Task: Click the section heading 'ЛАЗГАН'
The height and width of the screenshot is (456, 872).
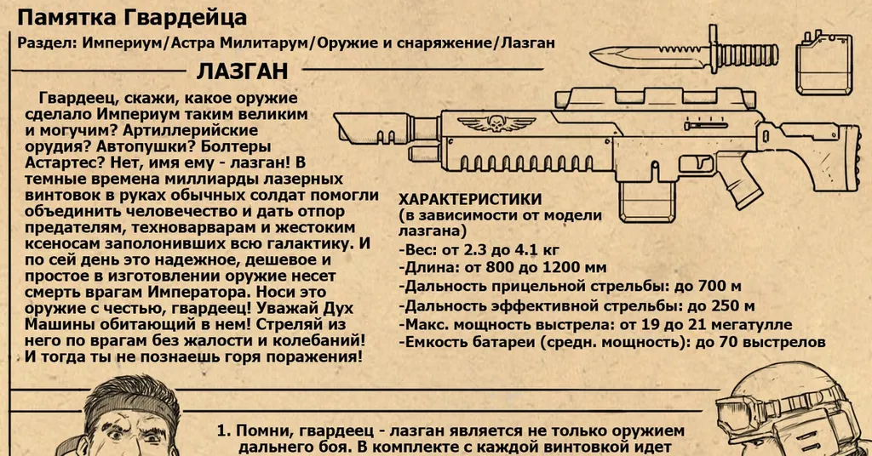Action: click(242, 70)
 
